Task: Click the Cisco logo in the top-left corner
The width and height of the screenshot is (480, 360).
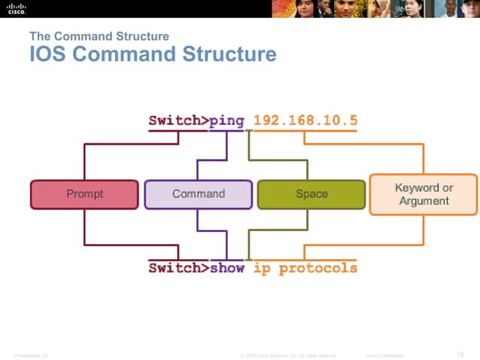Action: click(17, 8)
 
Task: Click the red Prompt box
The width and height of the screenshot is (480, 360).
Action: click(84, 194)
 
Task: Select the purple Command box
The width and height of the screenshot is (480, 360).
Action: click(199, 194)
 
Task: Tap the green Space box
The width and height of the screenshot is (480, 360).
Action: click(311, 194)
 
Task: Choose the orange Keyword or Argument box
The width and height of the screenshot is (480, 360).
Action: click(424, 194)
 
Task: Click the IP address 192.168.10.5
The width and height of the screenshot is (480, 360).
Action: click(305, 121)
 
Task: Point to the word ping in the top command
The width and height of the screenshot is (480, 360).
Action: click(226, 121)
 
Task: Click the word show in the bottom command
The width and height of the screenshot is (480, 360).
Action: click(226, 267)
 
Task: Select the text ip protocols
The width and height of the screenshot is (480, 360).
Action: click(305, 267)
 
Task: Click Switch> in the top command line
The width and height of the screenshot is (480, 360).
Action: click(178, 121)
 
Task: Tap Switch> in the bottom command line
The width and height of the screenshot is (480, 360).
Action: click(178, 267)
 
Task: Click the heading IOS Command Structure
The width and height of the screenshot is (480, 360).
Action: click(153, 55)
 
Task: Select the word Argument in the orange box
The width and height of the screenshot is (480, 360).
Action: click(424, 201)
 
